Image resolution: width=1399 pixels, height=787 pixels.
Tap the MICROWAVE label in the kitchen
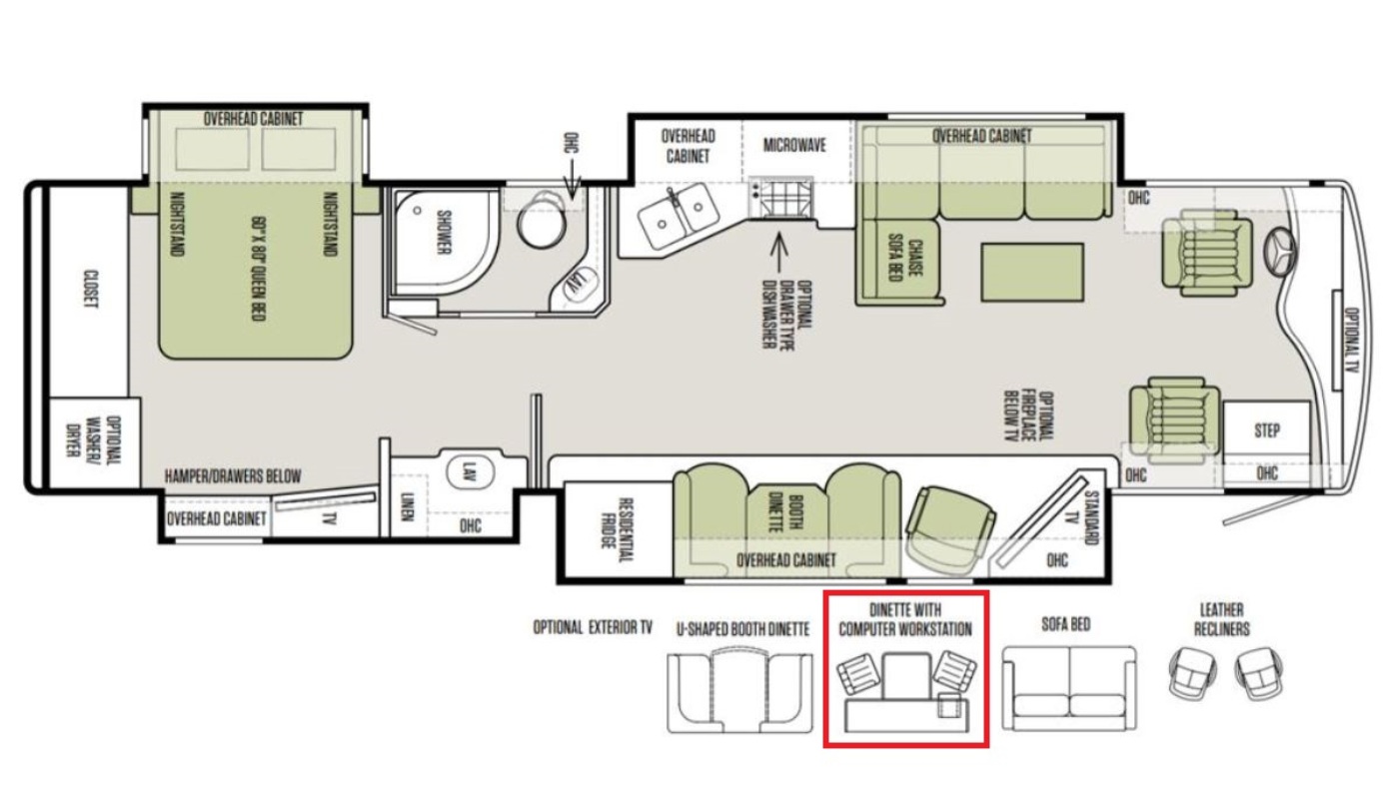794,146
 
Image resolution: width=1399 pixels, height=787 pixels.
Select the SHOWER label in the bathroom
444,233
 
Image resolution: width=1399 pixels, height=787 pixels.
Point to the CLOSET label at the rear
91,289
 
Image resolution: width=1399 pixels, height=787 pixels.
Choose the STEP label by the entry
1267,430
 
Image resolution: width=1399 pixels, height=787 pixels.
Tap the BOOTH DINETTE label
785,513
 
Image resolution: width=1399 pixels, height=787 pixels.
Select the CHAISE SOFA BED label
905,260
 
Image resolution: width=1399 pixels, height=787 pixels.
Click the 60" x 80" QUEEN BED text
258,269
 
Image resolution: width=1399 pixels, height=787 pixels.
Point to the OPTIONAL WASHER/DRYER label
94,441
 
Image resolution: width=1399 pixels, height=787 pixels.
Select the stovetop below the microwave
781,197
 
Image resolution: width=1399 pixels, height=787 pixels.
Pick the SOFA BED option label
1066,624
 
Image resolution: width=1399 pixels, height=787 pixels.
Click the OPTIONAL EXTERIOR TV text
593,627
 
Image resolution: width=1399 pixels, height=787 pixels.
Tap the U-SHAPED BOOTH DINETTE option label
742,629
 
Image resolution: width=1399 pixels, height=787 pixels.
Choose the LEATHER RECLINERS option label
1221,619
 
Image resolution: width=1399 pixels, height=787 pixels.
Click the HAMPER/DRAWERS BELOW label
233,476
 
